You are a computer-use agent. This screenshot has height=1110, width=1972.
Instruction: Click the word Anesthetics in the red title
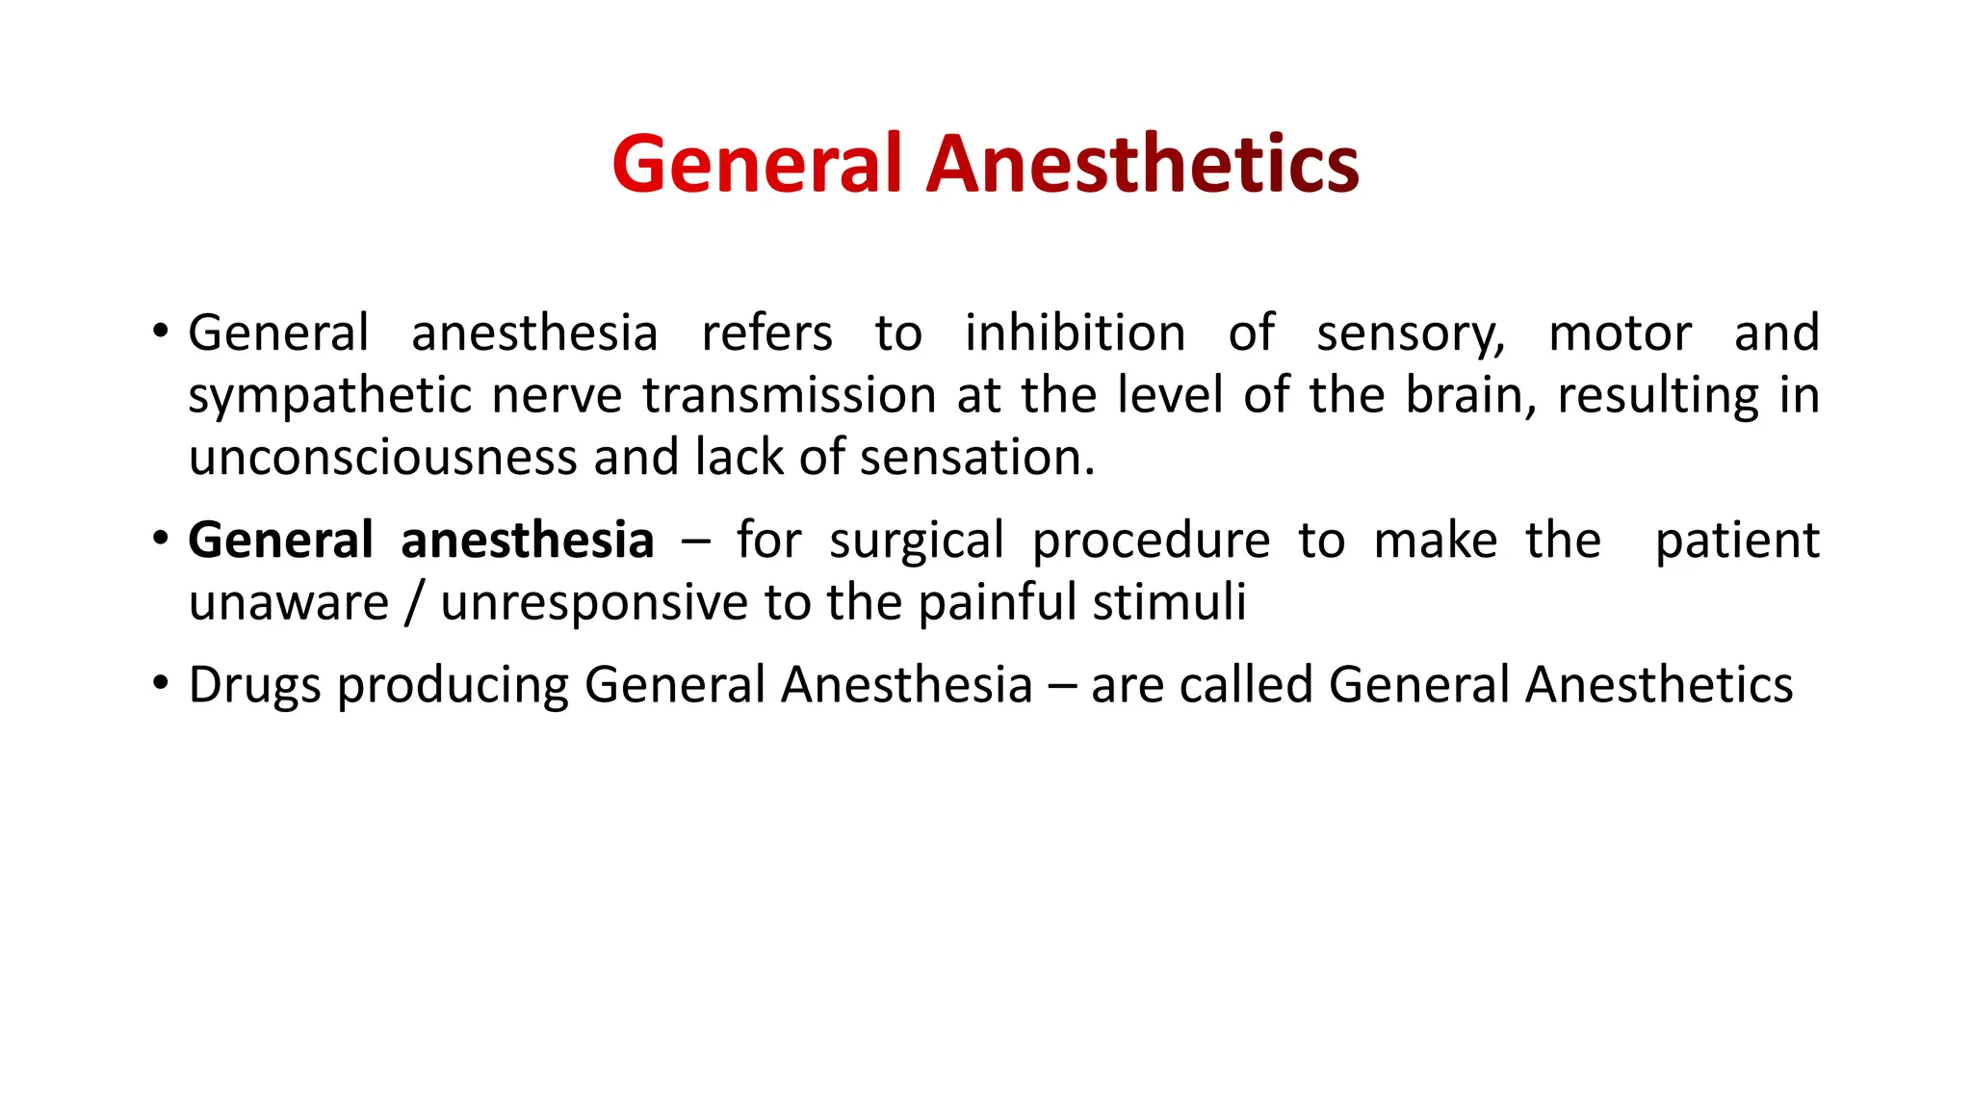click(x=1142, y=164)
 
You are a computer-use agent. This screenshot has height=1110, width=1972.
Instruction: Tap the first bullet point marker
click(x=160, y=333)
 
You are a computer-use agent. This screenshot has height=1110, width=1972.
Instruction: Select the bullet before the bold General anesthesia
click(x=160, y=541)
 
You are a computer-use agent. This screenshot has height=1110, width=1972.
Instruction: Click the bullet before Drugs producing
click(x=160, y=685)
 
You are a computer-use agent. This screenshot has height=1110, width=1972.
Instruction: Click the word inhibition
click(x=1075, y=333)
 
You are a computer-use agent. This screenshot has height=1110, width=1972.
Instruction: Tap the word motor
click(x=1620, y=333)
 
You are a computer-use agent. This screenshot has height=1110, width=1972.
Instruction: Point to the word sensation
click(x=976, y=458)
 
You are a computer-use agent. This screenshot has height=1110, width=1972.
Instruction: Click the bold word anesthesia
click(x=528, y=541)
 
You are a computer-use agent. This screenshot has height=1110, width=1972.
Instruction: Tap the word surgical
click(x=917, y=541)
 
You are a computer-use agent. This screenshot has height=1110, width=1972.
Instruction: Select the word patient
click(x=1737, y=541)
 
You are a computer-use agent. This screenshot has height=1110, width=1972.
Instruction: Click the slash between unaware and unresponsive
click(x=414, y=603)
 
